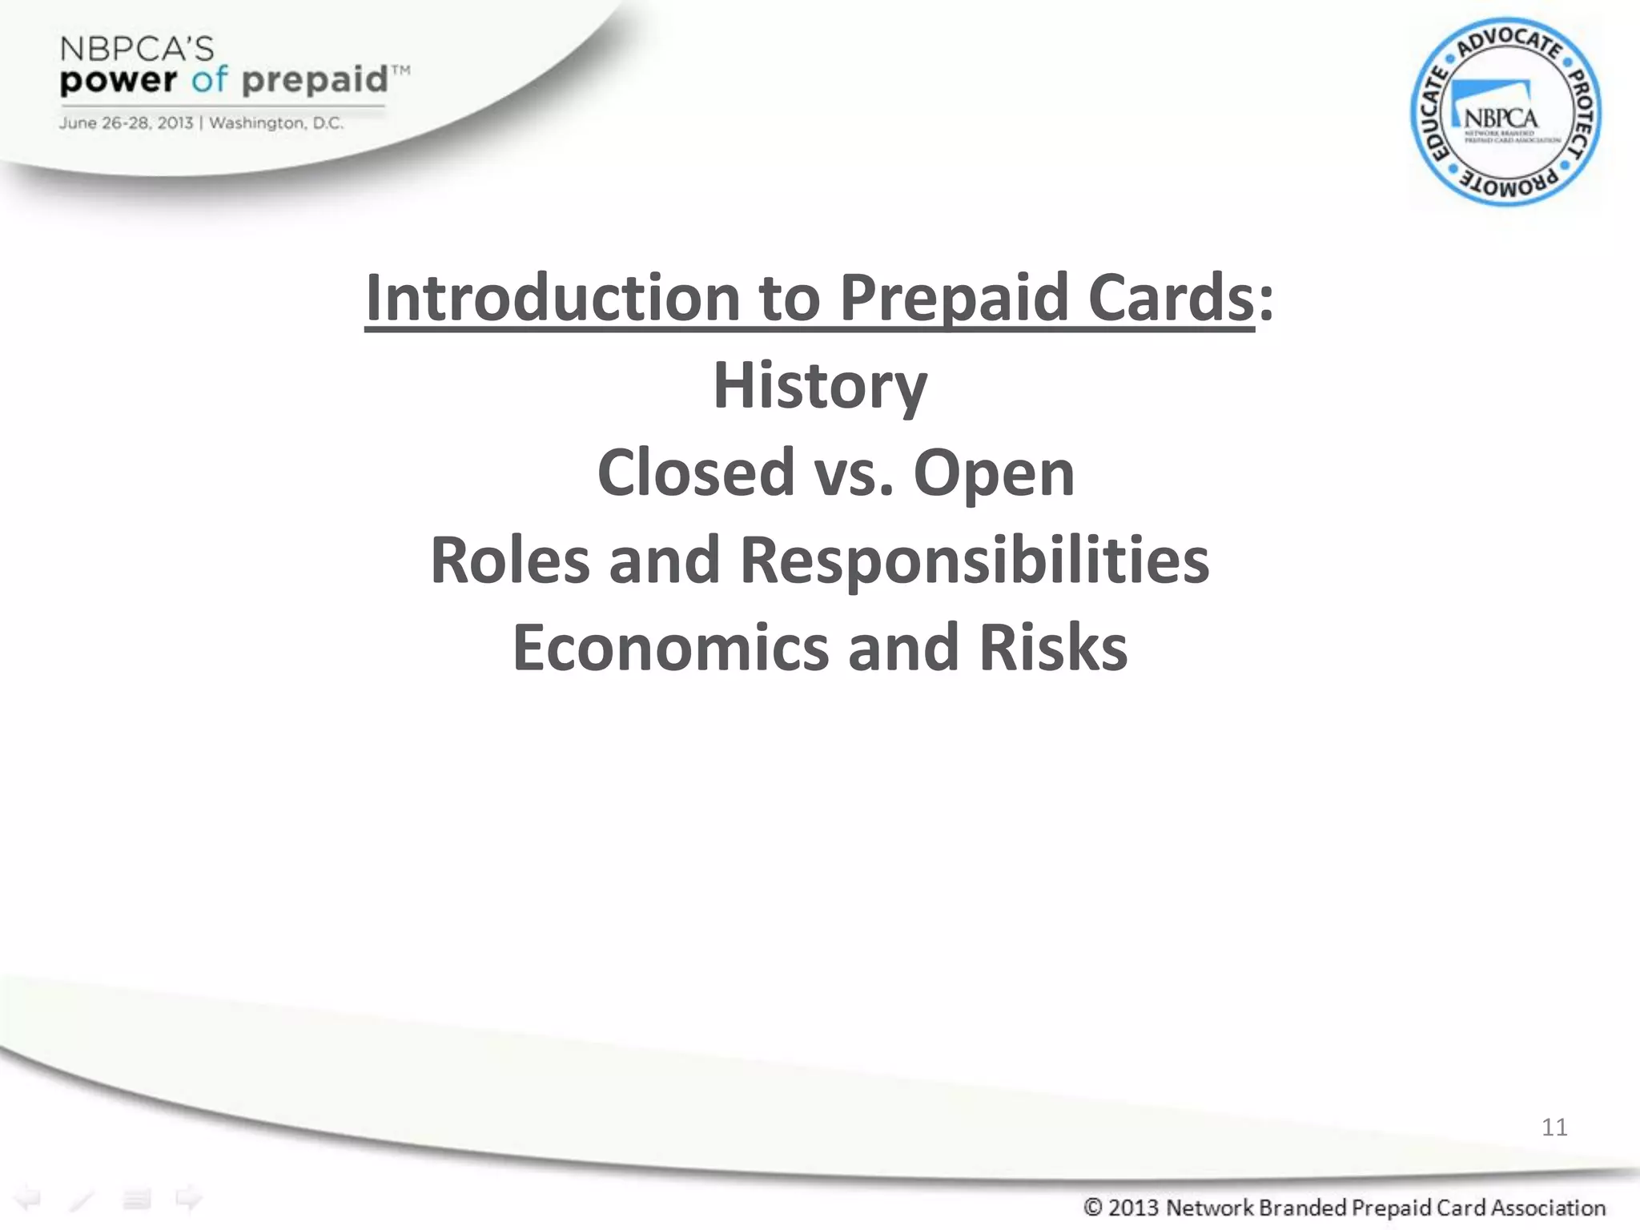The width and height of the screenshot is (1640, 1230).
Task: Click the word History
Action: (x=820, y=387)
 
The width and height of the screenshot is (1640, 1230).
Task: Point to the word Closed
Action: (x=695, y=472)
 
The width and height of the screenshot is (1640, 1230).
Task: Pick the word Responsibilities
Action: (x=974, y=560)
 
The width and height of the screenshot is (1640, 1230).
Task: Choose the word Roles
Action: (x=510, y=560)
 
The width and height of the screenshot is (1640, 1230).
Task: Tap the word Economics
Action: (x=670, y=647)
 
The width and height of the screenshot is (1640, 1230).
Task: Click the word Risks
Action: (x=1053, y=647)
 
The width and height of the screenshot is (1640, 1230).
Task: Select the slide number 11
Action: (x=1554, y=1127)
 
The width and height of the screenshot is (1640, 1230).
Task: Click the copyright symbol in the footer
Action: (x=1093, y=1207)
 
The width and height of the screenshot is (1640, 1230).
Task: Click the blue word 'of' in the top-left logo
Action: (x=209, y=80)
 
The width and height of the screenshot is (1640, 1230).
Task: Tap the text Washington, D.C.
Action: (x=276, y=123)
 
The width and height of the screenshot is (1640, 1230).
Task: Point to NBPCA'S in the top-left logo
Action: (x=137, y=50)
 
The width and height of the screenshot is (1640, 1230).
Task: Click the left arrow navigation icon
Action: (x=29, y=1199)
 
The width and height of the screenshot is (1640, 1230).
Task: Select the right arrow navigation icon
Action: (x=189, y=1199)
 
